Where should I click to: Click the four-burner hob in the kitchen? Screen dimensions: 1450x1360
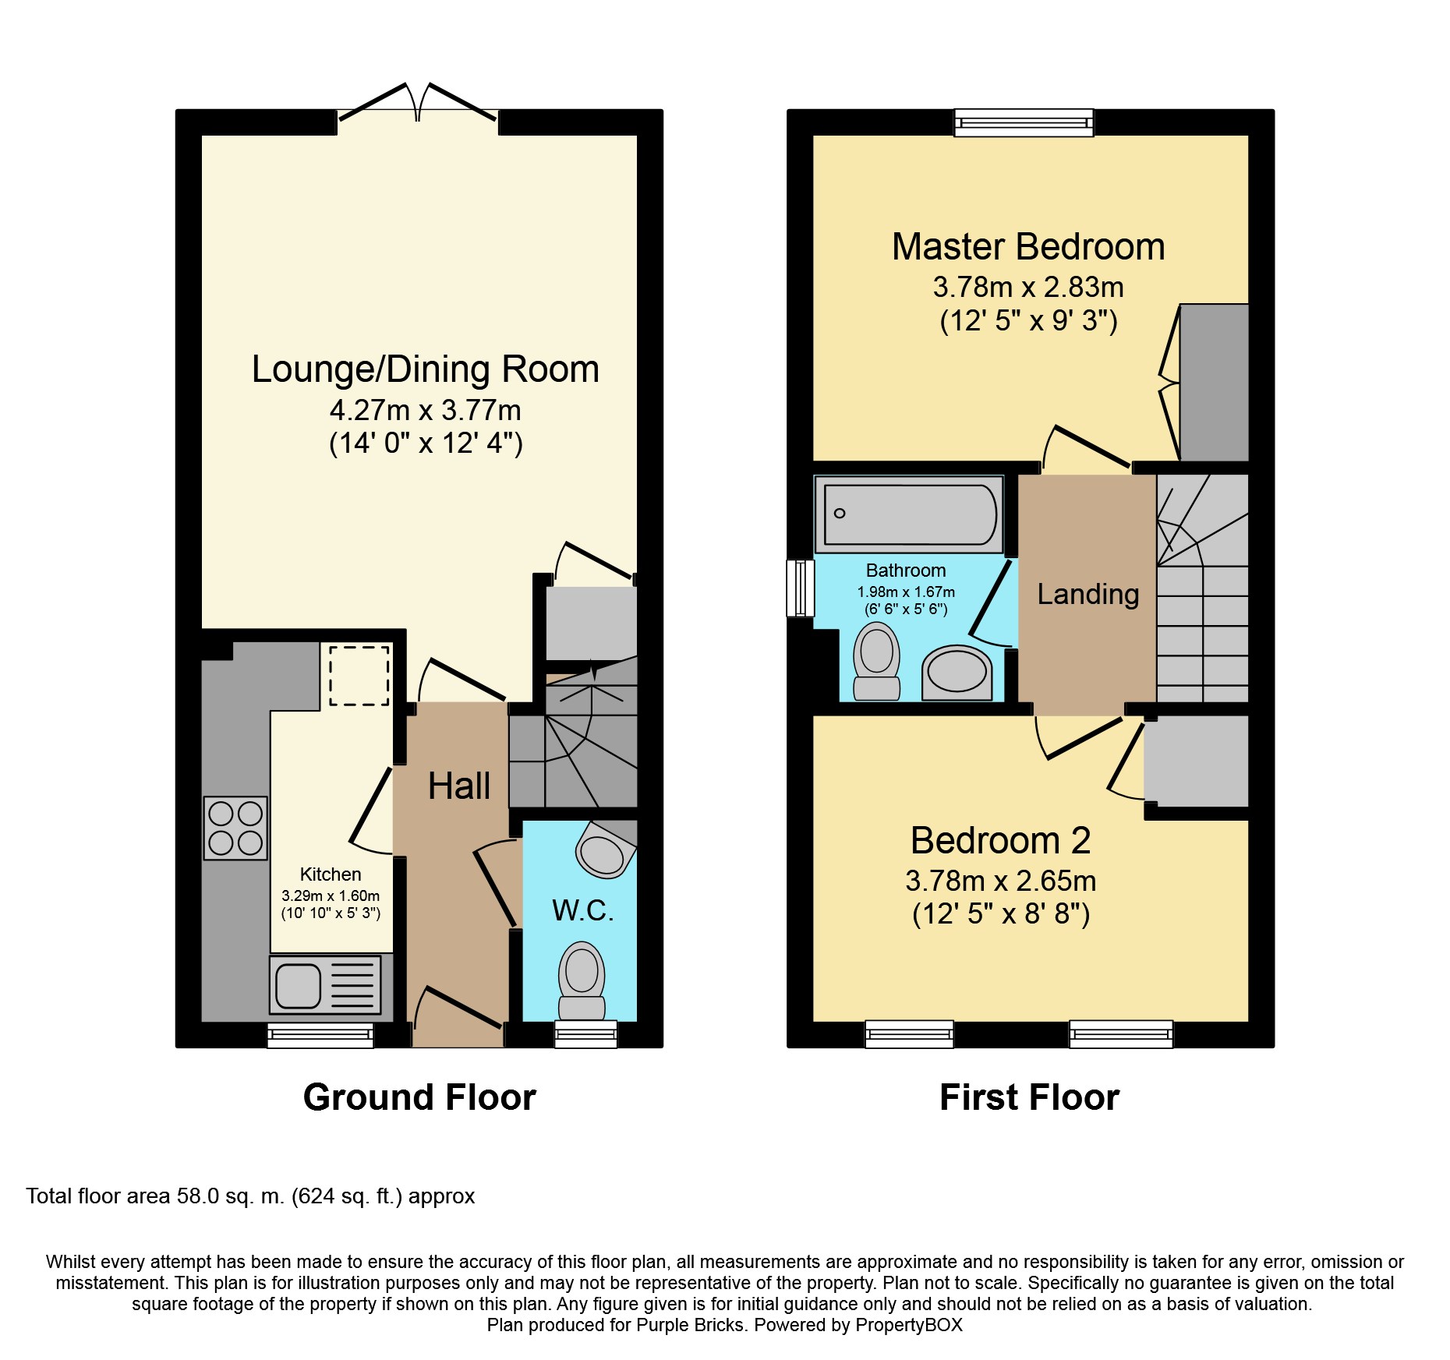coord(235,828)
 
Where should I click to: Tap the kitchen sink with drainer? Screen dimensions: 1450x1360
coord(326,985)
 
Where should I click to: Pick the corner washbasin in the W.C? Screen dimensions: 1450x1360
coord(605,849)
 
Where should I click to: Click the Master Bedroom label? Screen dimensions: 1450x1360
coord(1028,247)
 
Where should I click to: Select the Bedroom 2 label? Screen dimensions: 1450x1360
coord(1000,840)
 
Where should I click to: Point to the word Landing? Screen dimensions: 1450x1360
coord(1088,595)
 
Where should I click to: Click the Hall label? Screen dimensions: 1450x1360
coord(459,786)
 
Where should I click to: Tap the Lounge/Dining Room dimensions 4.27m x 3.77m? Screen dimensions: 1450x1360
coord(426,410)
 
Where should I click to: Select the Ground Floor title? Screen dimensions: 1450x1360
coord(419,1097)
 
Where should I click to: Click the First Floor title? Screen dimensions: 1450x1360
coord(1029,1097)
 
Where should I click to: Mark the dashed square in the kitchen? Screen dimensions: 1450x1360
coord(359,675)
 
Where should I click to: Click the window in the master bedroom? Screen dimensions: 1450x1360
coord(1024,122)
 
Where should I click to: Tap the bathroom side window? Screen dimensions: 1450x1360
coord(801,588)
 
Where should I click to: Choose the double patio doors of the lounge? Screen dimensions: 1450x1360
coord(418,103)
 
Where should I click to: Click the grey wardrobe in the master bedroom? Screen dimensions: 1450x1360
coord(1214,382)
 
